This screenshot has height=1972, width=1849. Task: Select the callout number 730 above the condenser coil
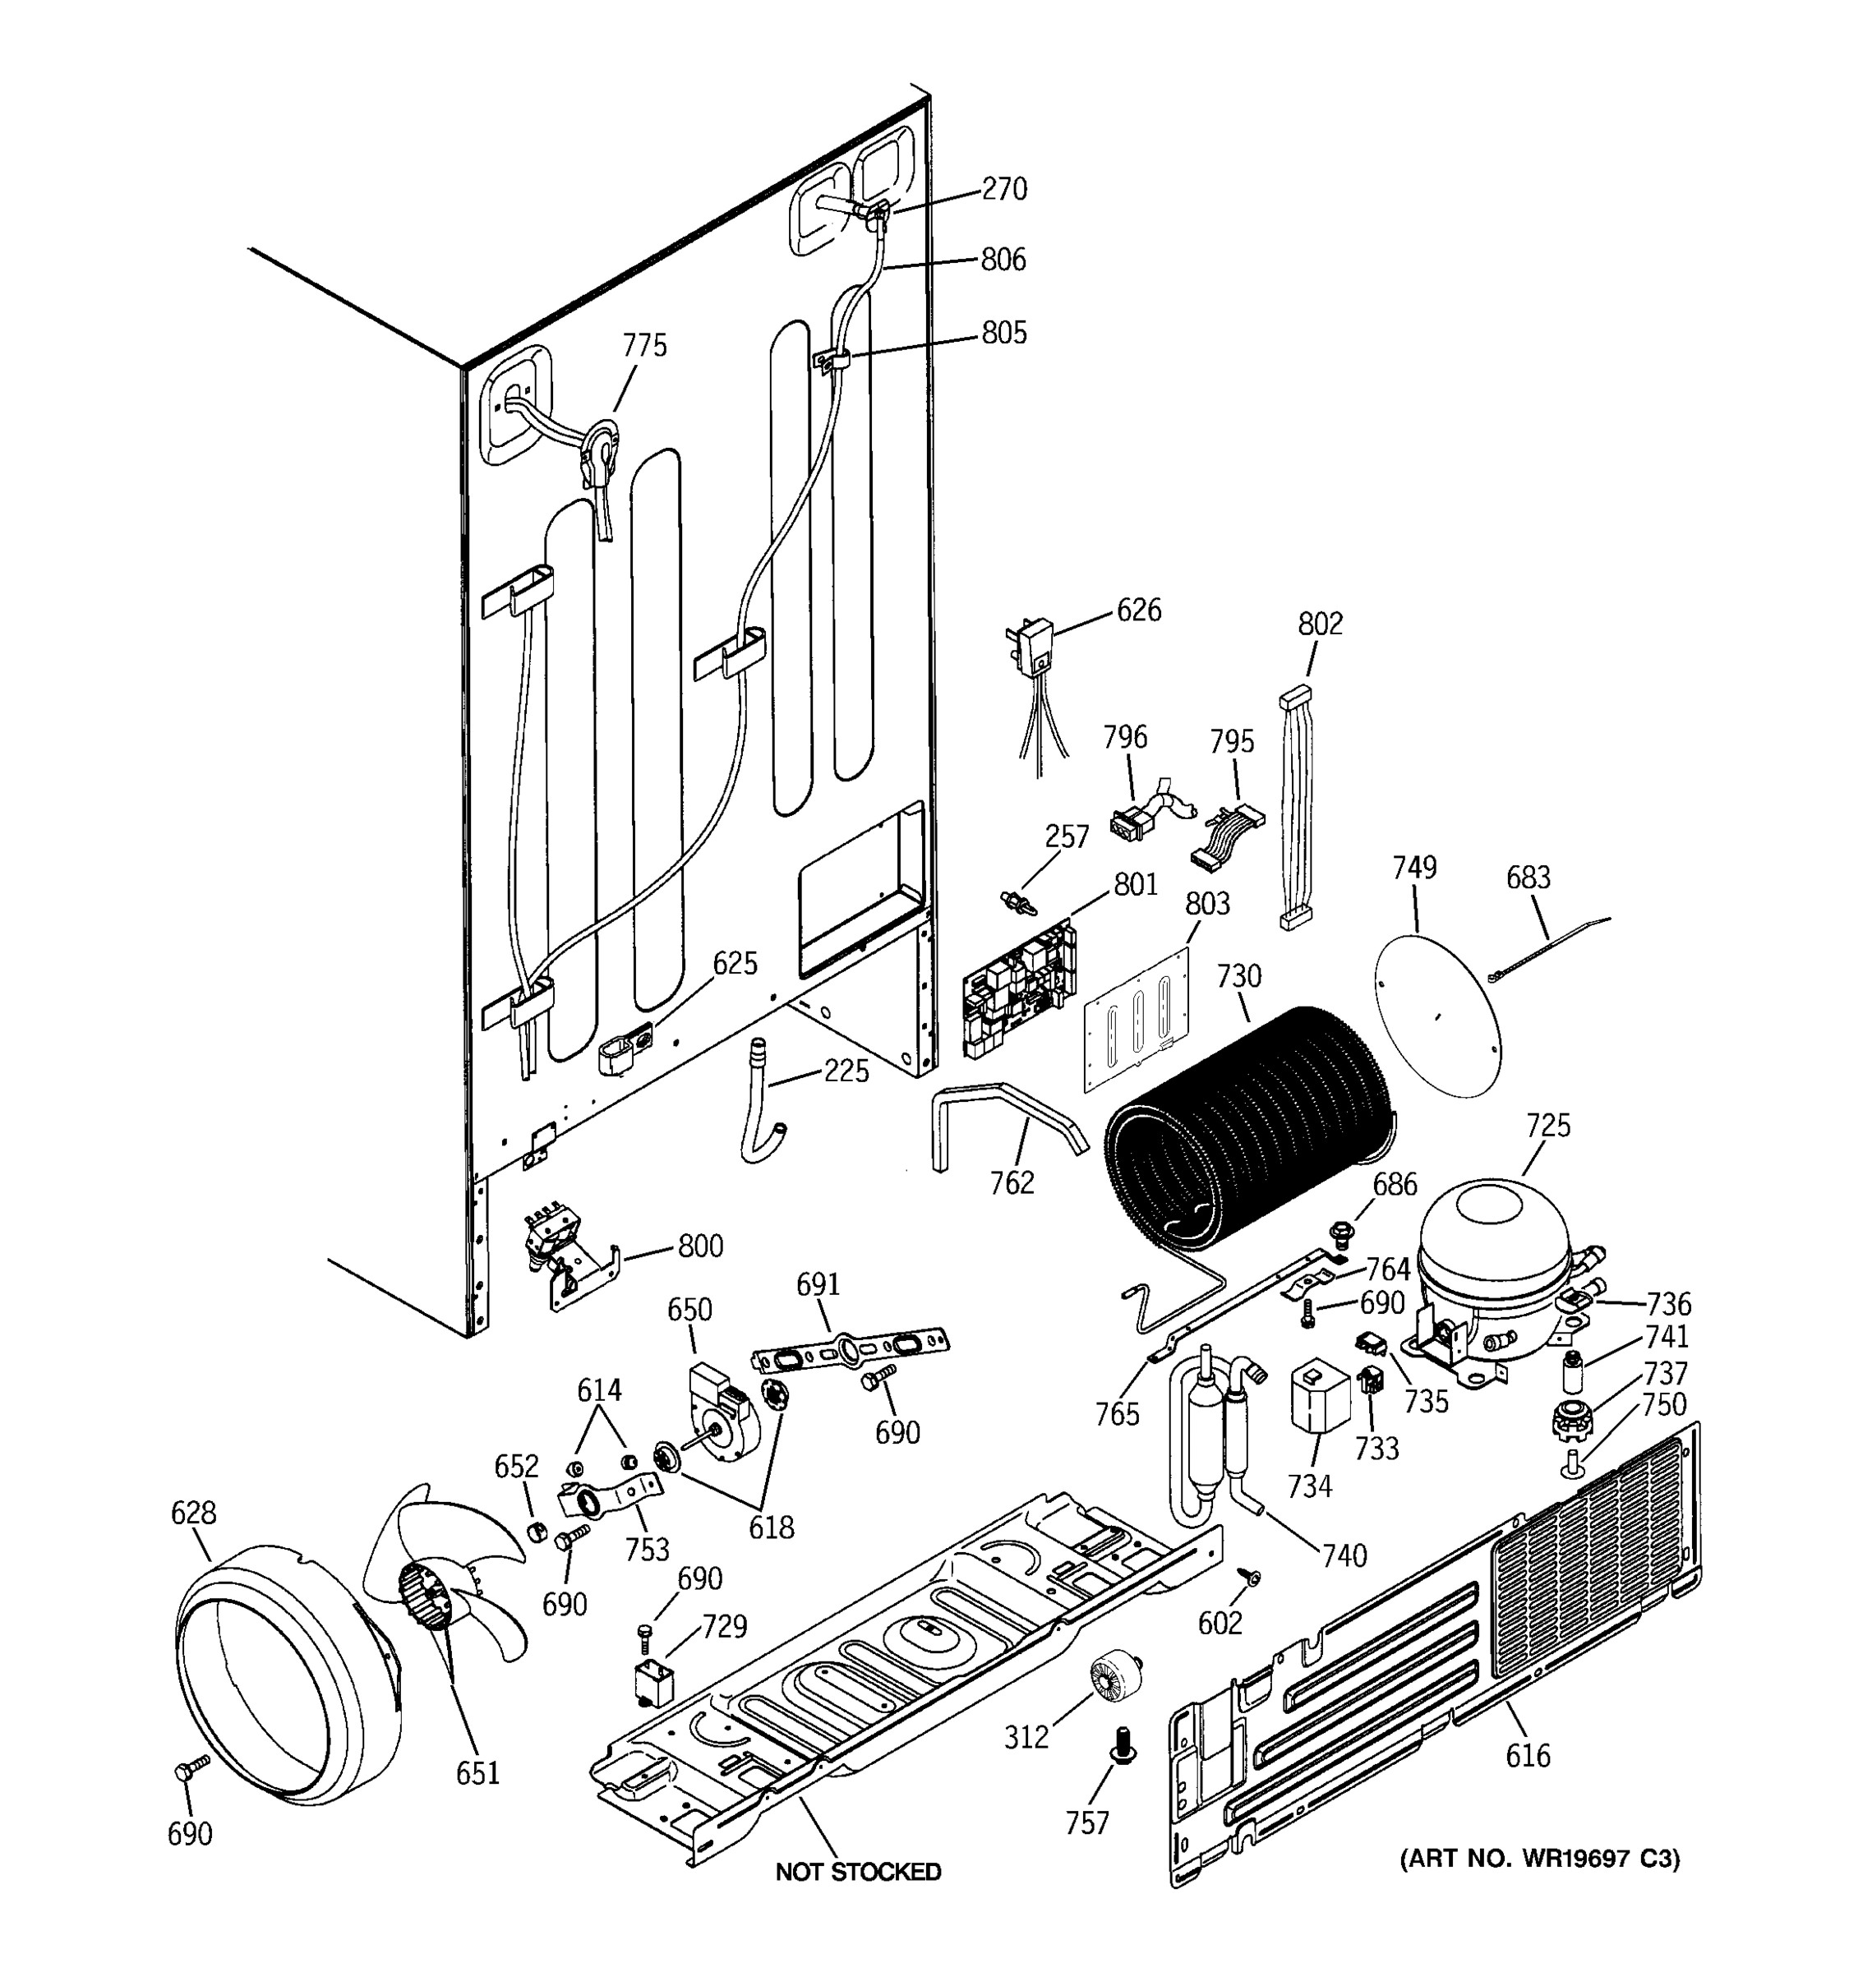tap(1239, 976)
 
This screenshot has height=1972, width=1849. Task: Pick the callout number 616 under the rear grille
tap(1528, 1756)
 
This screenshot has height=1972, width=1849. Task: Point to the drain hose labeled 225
tap(762, 1101)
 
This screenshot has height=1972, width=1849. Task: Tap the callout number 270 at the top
tap(1004, 188)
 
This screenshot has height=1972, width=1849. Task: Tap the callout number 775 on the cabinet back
tap(645, 346)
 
